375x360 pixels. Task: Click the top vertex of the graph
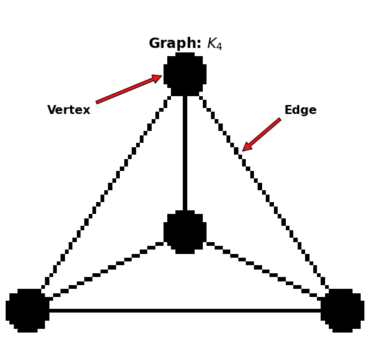(185, 74)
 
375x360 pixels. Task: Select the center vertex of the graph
(185, 231)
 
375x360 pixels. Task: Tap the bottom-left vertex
(28, 311)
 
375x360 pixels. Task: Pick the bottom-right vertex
(342, 311)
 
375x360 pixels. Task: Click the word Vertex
(69, 110)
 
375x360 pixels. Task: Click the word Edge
(300, 110)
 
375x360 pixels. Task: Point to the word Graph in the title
(175, 44)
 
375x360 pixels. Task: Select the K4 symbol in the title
(214, 45)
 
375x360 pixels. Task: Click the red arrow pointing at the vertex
(128, 90)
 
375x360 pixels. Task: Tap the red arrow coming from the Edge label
(262, 134)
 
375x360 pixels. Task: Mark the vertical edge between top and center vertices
(185, 153)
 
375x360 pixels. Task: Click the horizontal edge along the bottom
(185, 311)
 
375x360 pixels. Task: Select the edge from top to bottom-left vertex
(106, 192)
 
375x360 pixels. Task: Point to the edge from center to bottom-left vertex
(106, 271)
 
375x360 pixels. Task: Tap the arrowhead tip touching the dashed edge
(243, 150)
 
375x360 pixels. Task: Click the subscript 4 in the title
(219, 47)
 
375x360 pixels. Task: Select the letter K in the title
(211, 44)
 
